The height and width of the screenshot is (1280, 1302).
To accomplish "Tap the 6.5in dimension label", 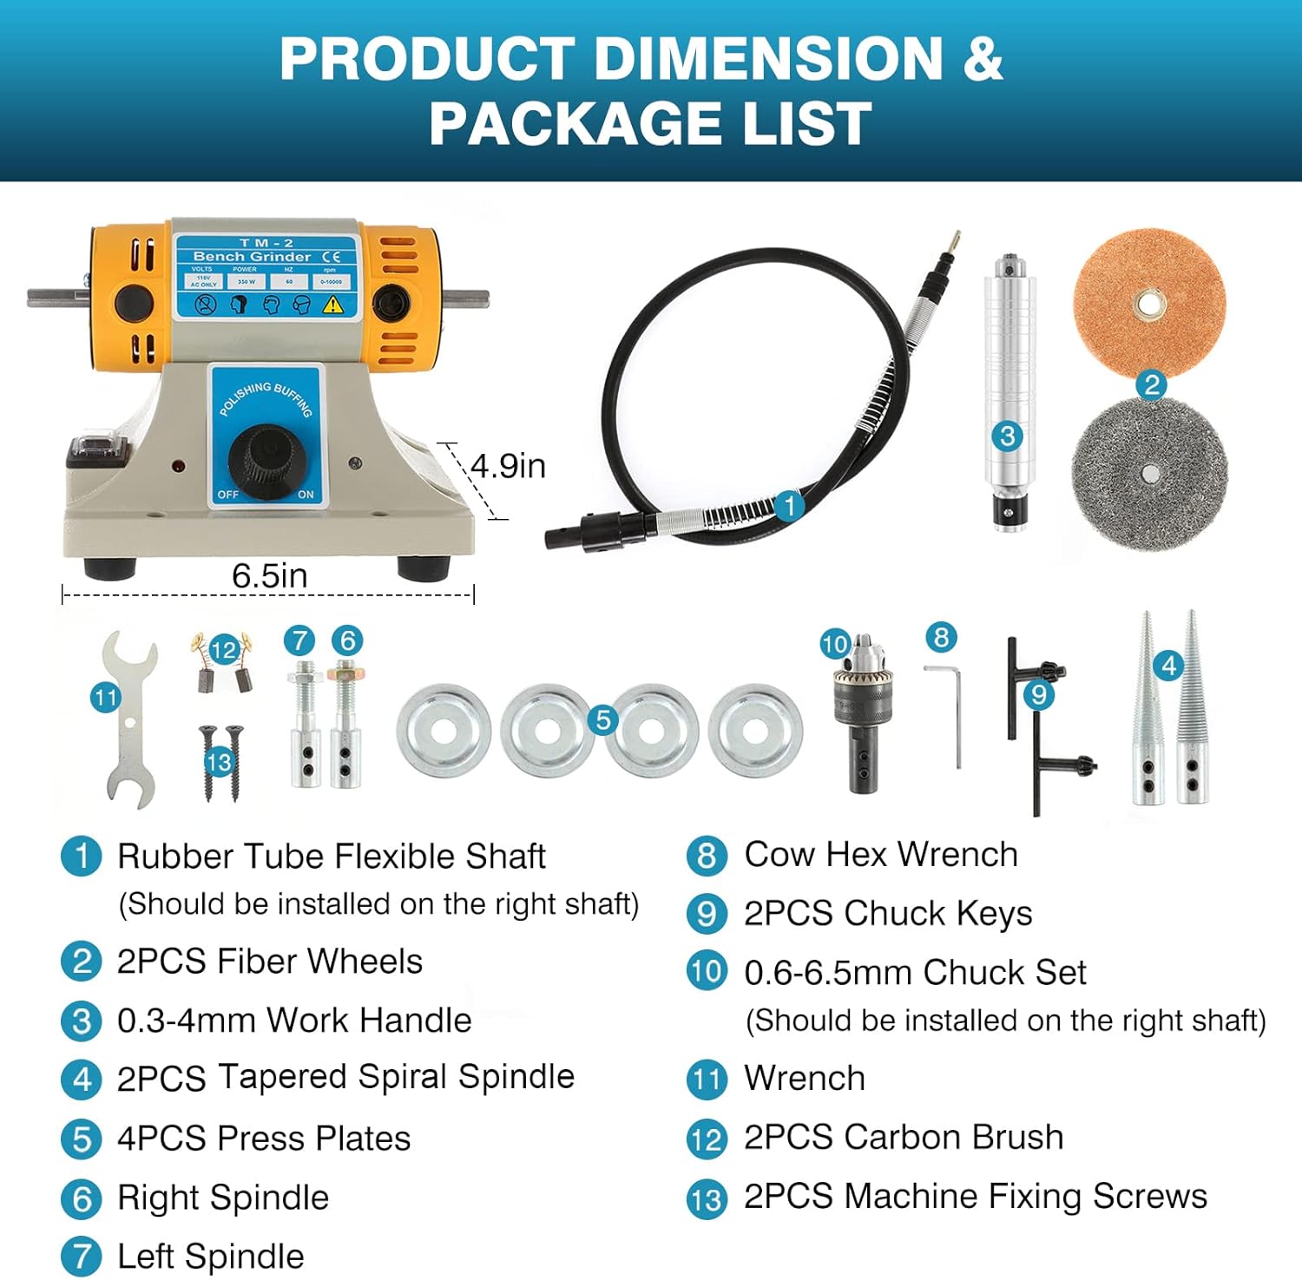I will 269,575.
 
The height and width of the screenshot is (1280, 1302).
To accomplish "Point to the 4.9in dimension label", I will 508,466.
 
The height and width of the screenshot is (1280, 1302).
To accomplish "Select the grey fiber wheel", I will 1149,473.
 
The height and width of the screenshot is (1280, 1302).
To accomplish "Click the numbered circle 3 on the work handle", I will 1008,436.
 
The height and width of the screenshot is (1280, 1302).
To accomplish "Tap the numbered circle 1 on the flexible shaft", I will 789,504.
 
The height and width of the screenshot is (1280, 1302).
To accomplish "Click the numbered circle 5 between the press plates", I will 602,719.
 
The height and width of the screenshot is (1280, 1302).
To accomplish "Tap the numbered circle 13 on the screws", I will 219,762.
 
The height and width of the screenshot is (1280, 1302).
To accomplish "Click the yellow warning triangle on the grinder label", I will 333,305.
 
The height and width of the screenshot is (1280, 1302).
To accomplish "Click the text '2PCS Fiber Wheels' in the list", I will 269,962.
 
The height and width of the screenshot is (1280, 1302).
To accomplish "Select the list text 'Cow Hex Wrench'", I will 880,855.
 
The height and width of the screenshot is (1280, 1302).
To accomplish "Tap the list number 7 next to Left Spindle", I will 82,1257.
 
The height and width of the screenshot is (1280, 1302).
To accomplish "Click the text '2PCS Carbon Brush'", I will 903,1137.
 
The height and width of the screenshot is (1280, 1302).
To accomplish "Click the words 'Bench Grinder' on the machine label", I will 252,257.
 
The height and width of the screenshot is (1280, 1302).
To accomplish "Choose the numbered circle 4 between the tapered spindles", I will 1168,666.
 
